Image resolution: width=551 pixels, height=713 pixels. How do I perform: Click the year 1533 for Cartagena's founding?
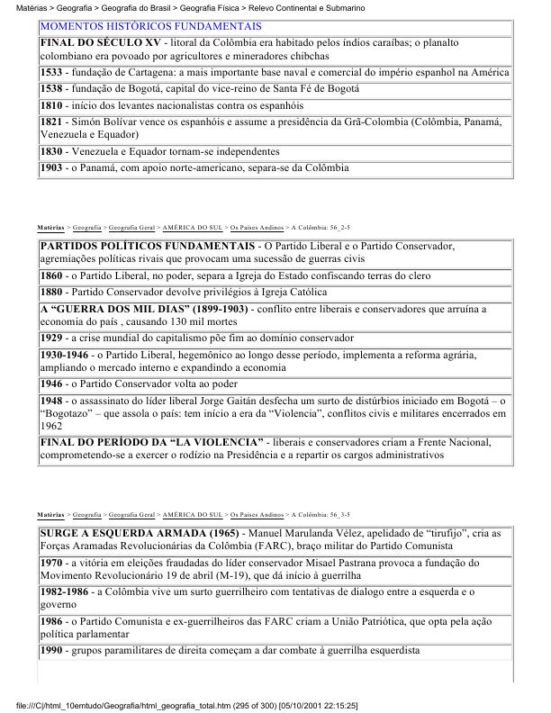51,72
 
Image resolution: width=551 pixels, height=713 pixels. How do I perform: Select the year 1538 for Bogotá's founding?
51,89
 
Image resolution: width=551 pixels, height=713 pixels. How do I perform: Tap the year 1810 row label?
51,106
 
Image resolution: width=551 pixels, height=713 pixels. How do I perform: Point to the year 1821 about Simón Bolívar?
51,123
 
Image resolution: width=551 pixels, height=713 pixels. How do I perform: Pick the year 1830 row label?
51,152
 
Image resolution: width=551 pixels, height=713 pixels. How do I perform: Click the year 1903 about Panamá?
51,168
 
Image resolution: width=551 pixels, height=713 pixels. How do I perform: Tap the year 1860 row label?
51,275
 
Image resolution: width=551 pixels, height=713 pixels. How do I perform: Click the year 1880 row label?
51,293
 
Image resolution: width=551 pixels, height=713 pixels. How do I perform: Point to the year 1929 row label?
51,338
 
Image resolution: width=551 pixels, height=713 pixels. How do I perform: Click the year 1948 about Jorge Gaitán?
51,401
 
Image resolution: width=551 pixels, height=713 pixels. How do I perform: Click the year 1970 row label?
51,563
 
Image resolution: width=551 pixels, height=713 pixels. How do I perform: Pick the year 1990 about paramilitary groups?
51,650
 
